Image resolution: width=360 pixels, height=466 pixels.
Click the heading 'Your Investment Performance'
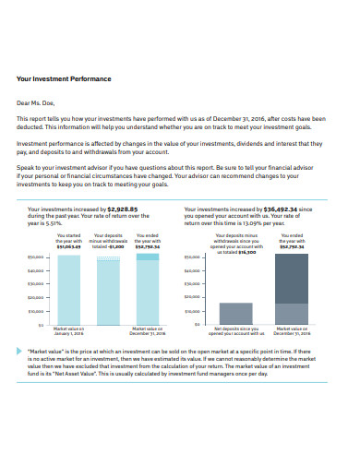click(64, 79)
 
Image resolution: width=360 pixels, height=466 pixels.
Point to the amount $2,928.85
click(123, 209)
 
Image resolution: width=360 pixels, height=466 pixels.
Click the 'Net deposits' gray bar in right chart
click(235, 314)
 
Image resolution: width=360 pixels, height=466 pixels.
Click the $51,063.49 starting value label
click(68, 247)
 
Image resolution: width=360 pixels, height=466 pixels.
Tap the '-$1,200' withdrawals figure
click(116, 247)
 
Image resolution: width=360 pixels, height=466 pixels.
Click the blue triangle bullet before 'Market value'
click(19, 351)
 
